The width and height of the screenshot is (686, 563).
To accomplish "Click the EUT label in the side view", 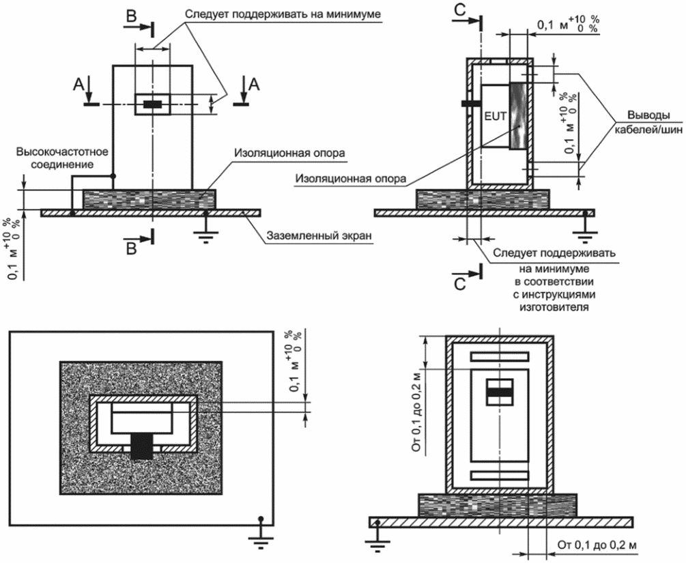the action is pyautogui.click(x=496, y=117).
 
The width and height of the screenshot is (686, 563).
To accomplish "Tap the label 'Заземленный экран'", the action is pyautogui.click(x=319, y=235).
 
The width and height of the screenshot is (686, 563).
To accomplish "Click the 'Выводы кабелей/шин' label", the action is pyautogui.click(x=649, y=122).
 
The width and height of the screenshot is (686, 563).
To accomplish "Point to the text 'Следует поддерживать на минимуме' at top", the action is pyautogui.click(x=283, y=14).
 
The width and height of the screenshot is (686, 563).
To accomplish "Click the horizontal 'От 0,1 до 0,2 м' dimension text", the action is pyautogui.click(x=597, y=545).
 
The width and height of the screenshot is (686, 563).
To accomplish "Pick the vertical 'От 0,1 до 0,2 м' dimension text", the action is pyautogui.click(x=417, y=412).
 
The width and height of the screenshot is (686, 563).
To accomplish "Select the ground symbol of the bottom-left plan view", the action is pyautogui.click(x=261, y=532).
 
